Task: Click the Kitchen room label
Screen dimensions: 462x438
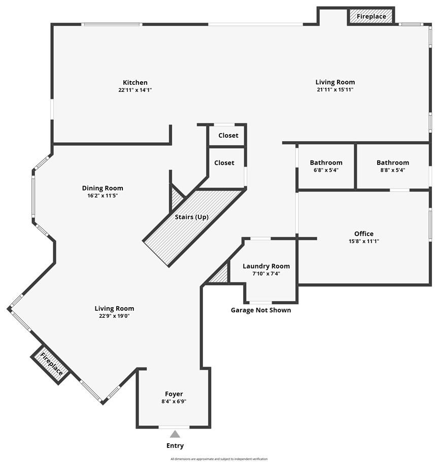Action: click(x=135, y=83)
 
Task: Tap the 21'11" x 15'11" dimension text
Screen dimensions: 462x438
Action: click(x=335, y=90)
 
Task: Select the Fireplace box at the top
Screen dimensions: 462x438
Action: click(x=371, y=16)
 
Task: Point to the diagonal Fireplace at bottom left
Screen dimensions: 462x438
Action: click(x=51, y=364)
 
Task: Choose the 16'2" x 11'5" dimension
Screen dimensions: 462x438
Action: click(x=103, y=195)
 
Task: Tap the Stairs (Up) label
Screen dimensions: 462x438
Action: click(x=191, y=217)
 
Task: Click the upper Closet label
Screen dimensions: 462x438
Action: click(x=228, y=136)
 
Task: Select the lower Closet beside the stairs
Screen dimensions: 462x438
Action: click(x=224, y=163)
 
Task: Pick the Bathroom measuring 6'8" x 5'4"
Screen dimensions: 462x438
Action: click(x=326, y=163)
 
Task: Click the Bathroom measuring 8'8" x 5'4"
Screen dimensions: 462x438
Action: click(x=392, y=163)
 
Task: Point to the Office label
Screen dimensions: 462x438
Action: click(x=364, y=234)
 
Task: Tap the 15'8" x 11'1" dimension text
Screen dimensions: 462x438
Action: click(x=364, y=241)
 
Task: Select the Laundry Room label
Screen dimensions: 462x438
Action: click(x=266, y=267)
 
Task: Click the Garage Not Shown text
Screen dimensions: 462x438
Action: click(x=261, y=310)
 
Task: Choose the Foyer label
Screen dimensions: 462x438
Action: click(x=174, y=394)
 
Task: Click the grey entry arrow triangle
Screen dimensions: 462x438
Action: click(x=175, y=434)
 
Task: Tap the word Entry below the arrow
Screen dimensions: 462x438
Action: click(x=175, y=446)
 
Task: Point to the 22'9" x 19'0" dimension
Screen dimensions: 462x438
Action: click(x=114, y=315)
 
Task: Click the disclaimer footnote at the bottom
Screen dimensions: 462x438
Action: click(x=219, y=459)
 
